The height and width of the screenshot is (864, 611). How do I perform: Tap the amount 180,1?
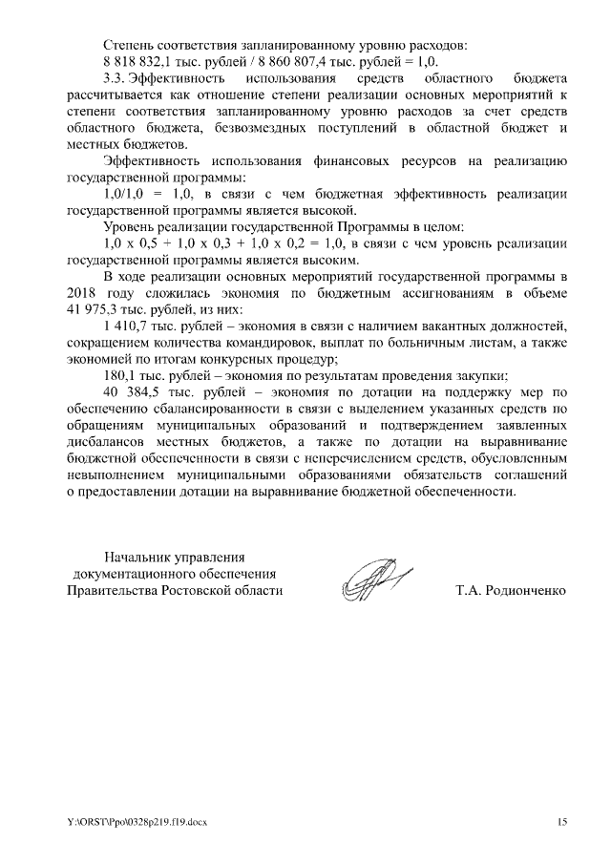[x=121, y=375]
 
